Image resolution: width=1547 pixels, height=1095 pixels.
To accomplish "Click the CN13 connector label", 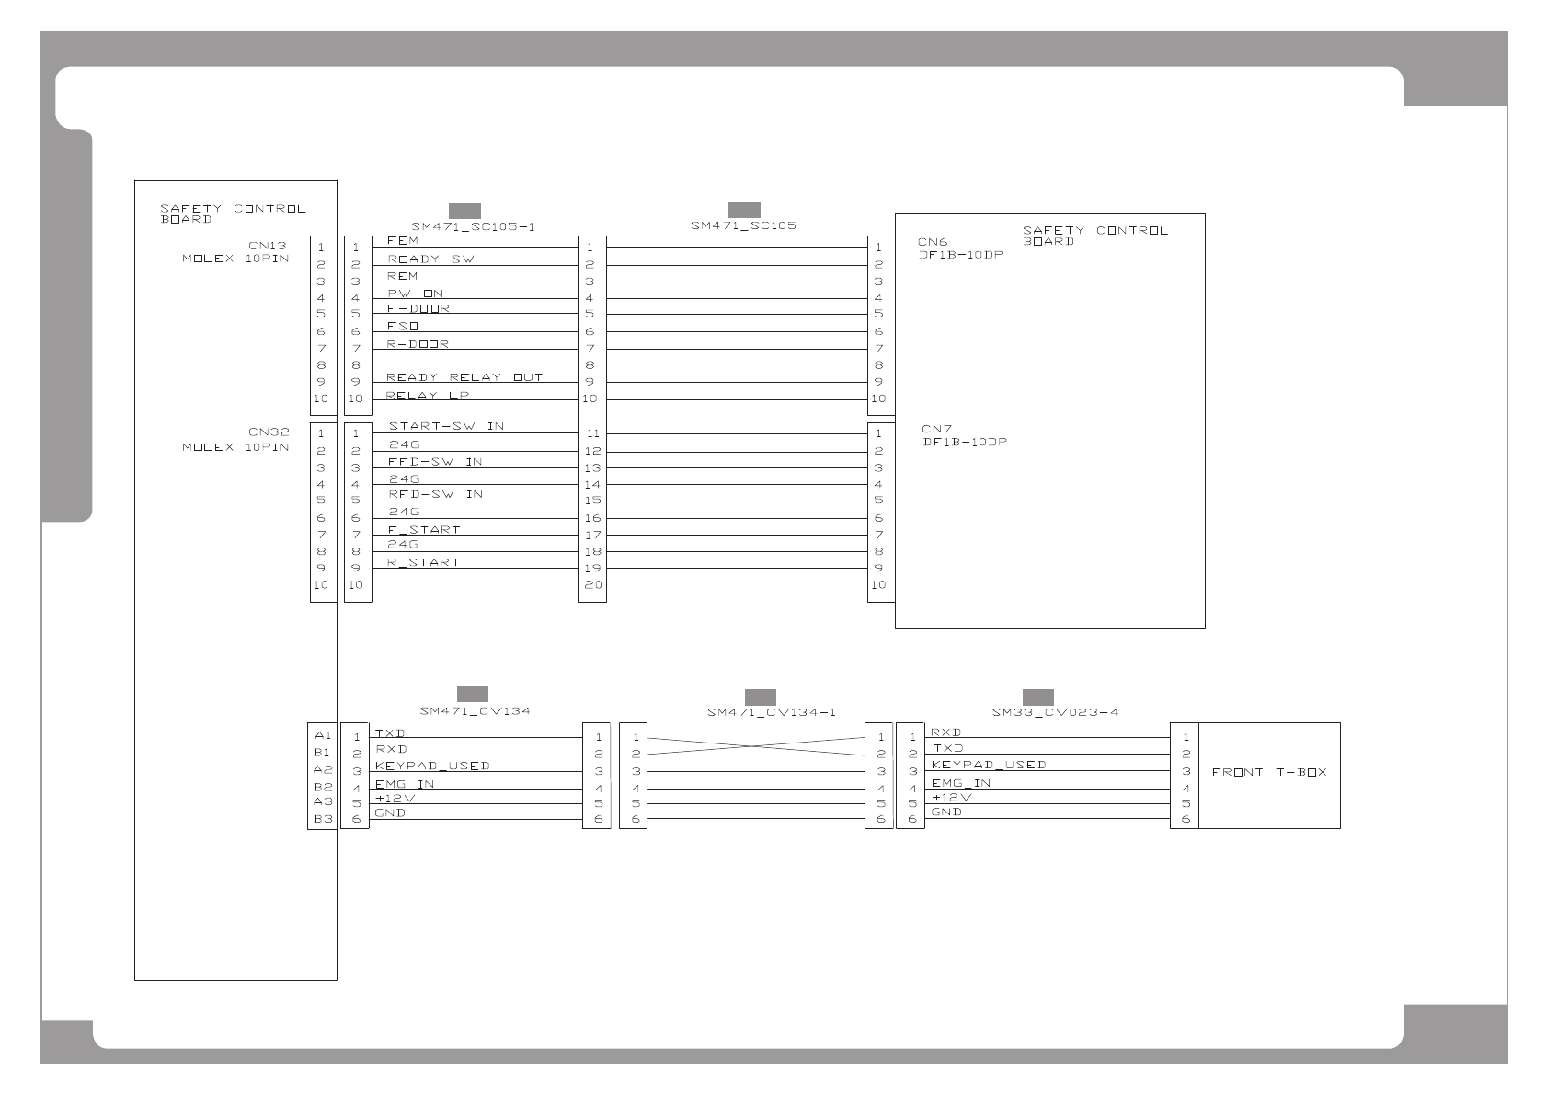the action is [x=267, y=246].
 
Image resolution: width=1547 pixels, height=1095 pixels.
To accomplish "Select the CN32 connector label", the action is [x=269, y=432].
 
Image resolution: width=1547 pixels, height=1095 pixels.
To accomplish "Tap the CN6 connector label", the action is [x=933, y=243].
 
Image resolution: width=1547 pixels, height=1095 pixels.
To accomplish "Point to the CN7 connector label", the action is [x=936, y=430].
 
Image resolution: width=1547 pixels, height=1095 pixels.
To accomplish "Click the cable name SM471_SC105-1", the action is [x=473, y=226].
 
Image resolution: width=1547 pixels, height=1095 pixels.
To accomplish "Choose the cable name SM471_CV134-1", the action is [x=771, y=712].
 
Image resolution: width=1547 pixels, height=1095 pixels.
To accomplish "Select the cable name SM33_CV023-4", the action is [x=1055, y=712].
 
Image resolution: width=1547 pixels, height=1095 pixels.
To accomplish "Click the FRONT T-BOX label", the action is [x=1269, y=772].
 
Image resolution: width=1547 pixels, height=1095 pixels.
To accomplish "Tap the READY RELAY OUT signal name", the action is [x=464, y=377].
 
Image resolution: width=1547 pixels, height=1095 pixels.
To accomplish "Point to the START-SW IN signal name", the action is [x=446, y=426].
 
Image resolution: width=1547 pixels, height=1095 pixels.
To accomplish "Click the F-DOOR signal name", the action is [x=418, y=309].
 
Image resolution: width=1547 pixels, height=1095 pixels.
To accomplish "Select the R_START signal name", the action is [x=423, y=562].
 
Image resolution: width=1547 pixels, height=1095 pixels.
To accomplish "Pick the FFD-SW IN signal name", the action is [x=435, y=462].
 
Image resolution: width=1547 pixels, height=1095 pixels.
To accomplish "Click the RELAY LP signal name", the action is [x=427, y=396].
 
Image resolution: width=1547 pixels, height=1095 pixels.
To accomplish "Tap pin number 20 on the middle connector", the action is [x=592, y=585].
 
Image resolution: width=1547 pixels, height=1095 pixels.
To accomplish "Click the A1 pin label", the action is [x=322, y=736].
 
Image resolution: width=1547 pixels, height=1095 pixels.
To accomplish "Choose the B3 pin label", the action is [x=322, y=819].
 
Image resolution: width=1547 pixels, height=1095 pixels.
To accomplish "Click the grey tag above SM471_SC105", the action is [x=743, y=210].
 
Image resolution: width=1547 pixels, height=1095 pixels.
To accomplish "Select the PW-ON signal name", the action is [x=415, y=294].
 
